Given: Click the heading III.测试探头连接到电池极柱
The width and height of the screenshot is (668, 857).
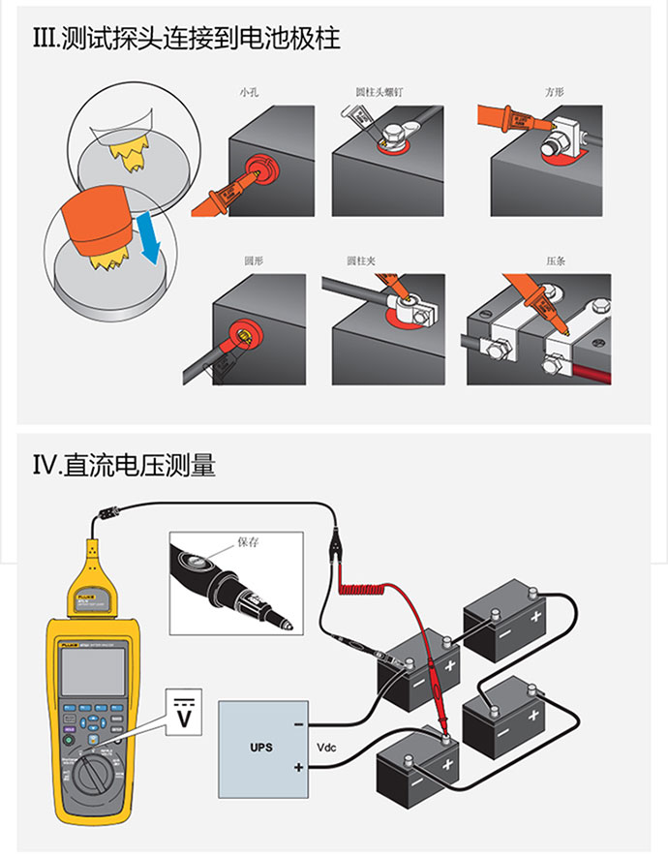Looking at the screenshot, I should tap(187, 40).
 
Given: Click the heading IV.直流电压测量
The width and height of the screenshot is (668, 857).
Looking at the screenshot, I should tap(125, 466).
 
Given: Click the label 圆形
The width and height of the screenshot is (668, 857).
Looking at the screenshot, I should tap(253, 261).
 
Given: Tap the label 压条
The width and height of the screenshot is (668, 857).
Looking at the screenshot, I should tap(555, 261).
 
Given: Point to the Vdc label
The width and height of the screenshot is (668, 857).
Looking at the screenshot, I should tap(326, 748).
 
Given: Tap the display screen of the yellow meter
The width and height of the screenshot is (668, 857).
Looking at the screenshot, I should tap(92, 671).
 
